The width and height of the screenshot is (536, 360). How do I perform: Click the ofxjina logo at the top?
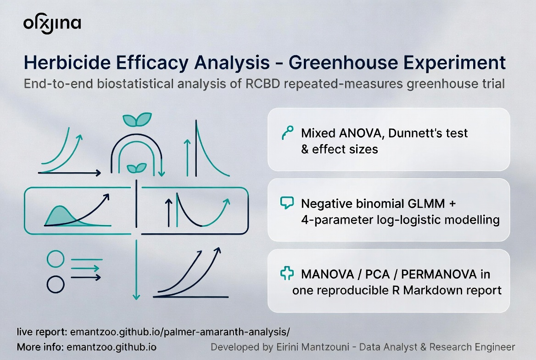(52, 24)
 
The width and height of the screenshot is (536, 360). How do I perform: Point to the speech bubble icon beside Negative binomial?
(286, 202)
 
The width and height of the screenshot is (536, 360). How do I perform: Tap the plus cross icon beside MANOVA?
(287, 274)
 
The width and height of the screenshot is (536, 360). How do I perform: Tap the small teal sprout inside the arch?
(137, 168)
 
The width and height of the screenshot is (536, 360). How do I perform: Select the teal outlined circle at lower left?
(56, 259)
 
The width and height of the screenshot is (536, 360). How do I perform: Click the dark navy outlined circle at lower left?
(56, 284)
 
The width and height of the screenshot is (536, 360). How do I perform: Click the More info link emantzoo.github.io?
(112, 347)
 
